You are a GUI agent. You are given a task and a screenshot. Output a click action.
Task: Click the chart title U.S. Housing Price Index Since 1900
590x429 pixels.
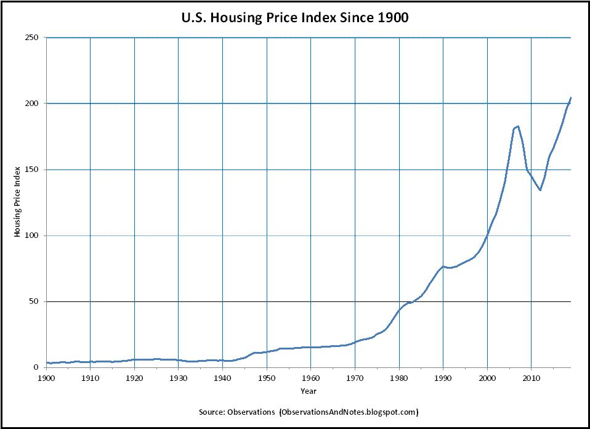pyautogui.click(x=295, y=18)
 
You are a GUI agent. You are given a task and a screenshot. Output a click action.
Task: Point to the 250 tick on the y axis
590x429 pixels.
pyautogui.click(x=33, y=38)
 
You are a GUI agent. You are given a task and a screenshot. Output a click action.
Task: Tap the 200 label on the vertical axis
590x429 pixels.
pyautogui.click(x=33, y=104)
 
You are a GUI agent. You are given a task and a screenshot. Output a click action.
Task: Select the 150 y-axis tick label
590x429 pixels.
pyautogui.click(x=33, y=170)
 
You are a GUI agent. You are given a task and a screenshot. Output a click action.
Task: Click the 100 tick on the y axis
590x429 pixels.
pyautogui.click(x=33, y=235)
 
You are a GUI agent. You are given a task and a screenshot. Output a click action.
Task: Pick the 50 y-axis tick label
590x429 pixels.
pyautogui.click(x=34, y=301)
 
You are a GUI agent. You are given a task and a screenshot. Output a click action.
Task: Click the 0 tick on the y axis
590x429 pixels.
pyautogui.click(x=36, y=367)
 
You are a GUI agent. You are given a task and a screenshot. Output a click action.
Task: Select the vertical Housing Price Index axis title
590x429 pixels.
pyautogui.click(x=18, y=202)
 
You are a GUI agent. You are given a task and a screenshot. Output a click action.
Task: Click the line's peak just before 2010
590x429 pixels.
pyautogui.click(x=518, y=126)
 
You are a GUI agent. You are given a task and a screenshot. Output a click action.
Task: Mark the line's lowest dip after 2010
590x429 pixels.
pyautogui.click(x=540, y=190)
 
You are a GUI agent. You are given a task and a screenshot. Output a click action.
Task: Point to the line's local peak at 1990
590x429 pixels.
pyautogui.click(x=443, y=266)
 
